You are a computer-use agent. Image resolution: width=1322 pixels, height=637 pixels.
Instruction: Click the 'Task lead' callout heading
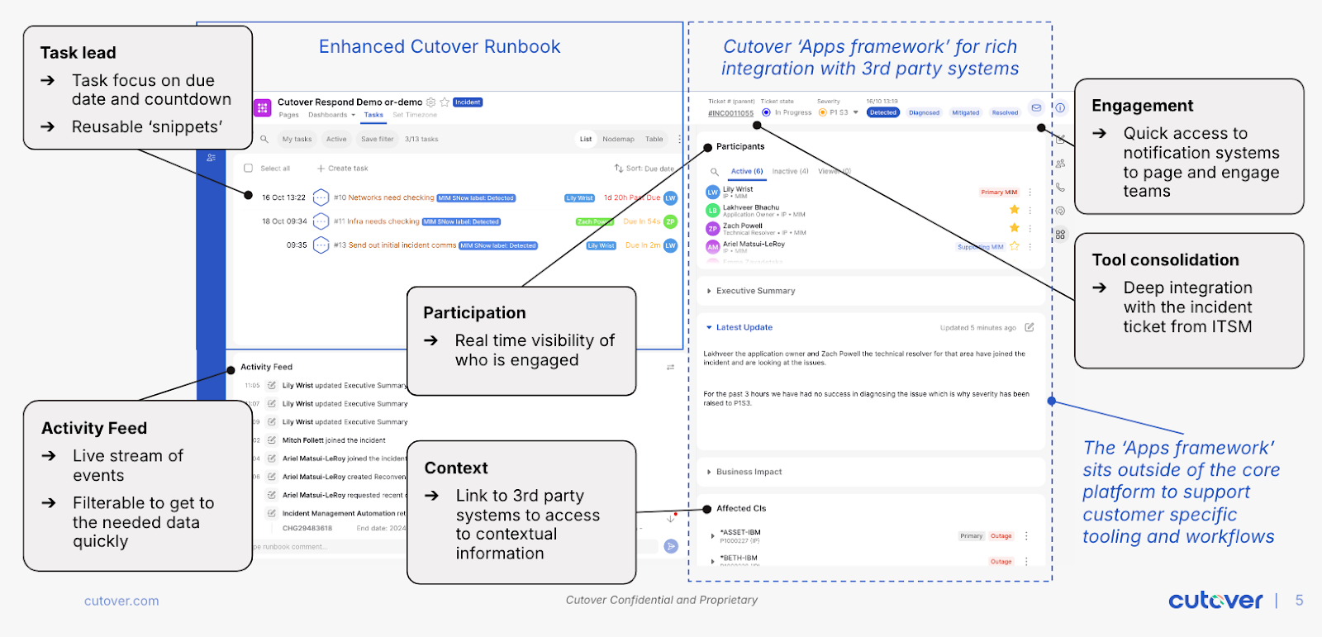point(78,53)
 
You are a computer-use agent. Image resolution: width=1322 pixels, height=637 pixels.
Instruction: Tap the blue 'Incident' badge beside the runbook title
point(468,102)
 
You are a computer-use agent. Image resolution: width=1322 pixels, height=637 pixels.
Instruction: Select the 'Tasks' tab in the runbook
point(373,115)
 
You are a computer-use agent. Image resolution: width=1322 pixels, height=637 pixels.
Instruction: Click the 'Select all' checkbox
point(248,169)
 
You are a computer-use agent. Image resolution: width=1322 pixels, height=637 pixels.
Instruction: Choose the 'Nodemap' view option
point(618,139)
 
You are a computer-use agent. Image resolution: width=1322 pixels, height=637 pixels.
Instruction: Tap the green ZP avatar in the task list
point(670,221)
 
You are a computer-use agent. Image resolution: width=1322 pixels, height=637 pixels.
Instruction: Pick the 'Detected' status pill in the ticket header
point(882,112)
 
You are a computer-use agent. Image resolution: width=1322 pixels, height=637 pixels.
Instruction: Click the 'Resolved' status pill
point(1005,112)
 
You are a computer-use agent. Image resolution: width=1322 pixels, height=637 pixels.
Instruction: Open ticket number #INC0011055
point(730,113)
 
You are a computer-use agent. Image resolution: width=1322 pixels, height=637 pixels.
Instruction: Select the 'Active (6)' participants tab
point(746,172)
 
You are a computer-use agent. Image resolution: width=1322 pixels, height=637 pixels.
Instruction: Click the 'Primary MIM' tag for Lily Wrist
point(999,193)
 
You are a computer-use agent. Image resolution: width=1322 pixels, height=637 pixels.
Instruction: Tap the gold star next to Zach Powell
point(1015,227)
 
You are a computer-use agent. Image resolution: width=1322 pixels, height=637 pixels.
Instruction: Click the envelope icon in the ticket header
point(1035,107)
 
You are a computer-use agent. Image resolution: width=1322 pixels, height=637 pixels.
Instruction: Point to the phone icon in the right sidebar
point(1060,188)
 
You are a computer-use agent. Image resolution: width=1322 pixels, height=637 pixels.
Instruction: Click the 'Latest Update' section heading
point(744,327)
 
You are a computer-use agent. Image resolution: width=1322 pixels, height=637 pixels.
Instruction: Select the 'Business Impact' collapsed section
point(749,472)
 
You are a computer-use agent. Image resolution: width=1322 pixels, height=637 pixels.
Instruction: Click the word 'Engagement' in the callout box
point(1142,106)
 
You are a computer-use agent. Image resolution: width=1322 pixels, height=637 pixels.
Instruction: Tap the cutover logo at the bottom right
point(1215,601)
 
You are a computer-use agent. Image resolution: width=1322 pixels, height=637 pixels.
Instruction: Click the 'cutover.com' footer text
point(121,601)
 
